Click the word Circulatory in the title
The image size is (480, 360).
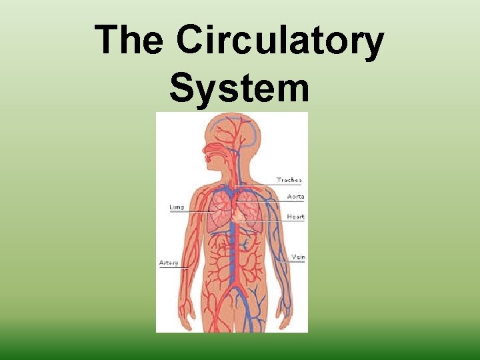280,41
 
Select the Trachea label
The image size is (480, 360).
289,180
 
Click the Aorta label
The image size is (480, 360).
295,197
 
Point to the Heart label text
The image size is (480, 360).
295,217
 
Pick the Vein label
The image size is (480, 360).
298,257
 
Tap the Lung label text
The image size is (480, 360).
177,207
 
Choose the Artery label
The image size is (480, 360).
169,263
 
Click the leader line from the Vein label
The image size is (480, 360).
292,262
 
